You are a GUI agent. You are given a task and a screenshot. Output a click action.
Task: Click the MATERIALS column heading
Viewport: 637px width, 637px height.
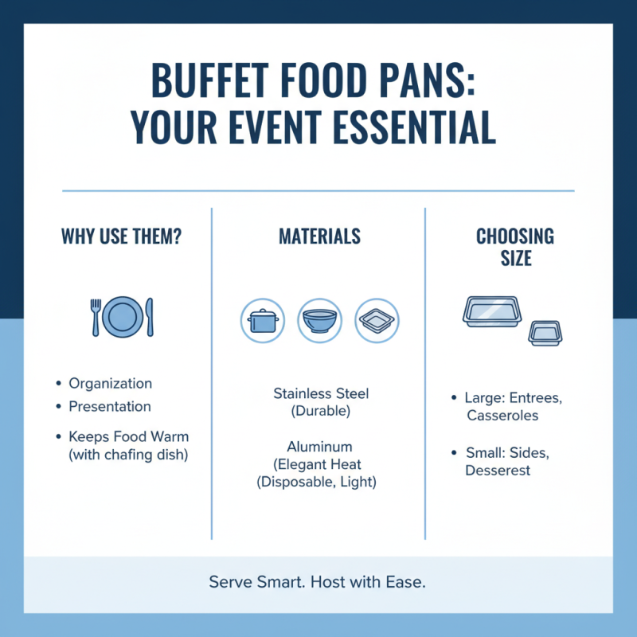[x=318, y=236]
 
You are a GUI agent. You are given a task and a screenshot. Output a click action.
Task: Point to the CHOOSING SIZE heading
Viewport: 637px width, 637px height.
[x=515, y=247]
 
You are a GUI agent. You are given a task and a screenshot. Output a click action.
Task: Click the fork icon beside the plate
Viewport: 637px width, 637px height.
[x=96, y=316]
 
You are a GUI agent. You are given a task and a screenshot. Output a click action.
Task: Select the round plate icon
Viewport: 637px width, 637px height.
[x=123, y=316]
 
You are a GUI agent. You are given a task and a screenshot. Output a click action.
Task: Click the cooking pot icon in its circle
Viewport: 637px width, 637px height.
[x=262, y=321]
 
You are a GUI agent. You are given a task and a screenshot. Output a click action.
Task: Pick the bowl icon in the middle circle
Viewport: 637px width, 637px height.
[x=318, y=321]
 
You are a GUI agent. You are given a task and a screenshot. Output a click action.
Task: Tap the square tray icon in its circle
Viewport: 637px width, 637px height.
[x=376, y=321]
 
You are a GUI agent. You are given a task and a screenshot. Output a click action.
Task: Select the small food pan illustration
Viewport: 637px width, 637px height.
[x=545, y=333]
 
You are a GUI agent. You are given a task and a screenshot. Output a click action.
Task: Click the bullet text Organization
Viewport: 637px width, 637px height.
[x=110, y=384]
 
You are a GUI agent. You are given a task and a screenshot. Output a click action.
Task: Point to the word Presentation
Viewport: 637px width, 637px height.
[x=109, y=406]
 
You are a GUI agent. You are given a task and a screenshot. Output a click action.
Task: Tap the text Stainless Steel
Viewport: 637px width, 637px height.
[x=321, y=393]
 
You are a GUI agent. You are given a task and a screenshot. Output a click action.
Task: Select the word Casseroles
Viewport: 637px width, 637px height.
[x=502, y=416]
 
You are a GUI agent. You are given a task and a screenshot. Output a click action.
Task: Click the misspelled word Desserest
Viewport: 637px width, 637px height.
[x=498, y=471]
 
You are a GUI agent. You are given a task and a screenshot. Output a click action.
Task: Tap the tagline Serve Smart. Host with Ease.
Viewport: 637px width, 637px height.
[x=318, y=582]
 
